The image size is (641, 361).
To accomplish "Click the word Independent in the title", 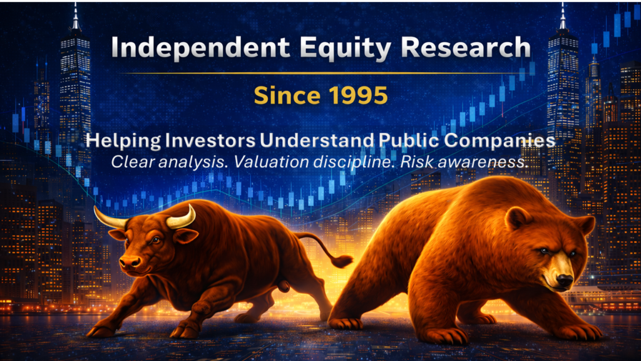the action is (x=200, y=47).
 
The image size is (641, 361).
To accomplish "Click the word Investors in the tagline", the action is (x=210, y=140).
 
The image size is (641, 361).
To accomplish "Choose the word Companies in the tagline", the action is (x=500, y=141).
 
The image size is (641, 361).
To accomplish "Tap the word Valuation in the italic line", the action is (x=271, y=162).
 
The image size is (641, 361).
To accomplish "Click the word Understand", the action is (x=317, y=140).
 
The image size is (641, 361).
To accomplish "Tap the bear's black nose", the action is (x=565, y=280).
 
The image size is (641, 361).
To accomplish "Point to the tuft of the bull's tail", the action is (x=342, y=261).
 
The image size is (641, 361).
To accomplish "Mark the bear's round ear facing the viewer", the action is (x=516, y=218).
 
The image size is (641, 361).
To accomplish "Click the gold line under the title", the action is (x=321, y=73).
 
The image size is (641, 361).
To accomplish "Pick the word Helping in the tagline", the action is (x=123, y=141).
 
